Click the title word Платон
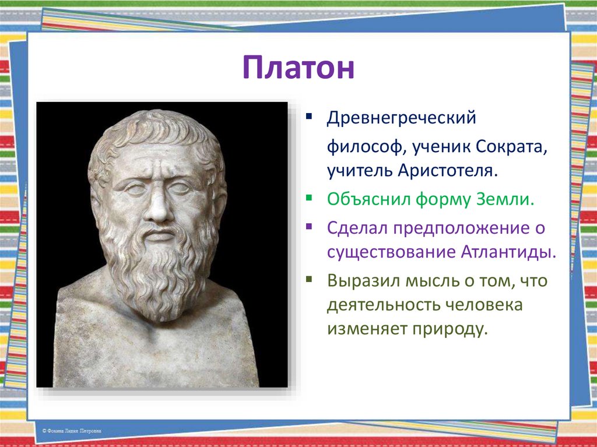(x=298, y=68)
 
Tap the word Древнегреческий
(x=401, y=118)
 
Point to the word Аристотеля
(x=448, y=171)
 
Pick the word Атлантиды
(x=508, y=252)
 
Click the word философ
(x=364, y=147)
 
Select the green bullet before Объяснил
(x=309, y=198)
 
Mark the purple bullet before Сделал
(x=309, y=227)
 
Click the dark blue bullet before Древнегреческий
(x=309, y=115)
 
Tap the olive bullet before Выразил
(x=309, y=280)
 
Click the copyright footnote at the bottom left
(x=72, y=431)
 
